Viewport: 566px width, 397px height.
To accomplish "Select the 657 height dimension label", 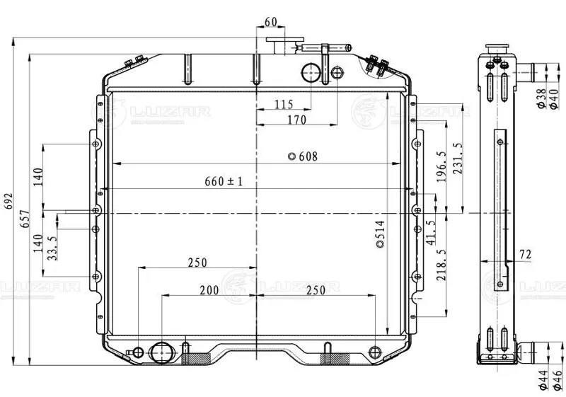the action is click(25, 219).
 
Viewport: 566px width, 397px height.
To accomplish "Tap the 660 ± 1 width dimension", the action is click(224, 181).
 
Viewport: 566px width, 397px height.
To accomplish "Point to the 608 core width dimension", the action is click(304, 156).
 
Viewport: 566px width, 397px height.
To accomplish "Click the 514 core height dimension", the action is click(380, 234).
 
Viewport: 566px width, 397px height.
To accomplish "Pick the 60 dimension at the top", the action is click(271, 22).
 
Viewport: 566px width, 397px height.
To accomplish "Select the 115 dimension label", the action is click(284, 104).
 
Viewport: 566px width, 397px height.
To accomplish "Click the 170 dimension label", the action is click(296, 120).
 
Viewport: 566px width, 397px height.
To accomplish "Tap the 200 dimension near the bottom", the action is click(209, 290).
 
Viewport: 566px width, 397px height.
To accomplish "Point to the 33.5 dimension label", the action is click(52, 248).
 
